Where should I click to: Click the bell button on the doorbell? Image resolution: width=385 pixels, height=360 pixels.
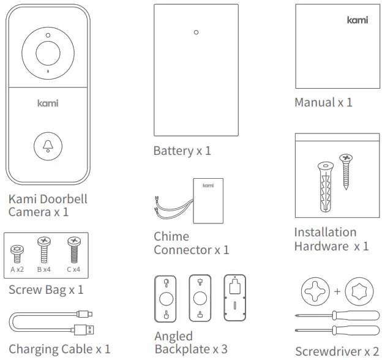pyautogui.click(x=48, y=145)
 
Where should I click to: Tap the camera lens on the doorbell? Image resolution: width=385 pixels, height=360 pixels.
pyautogui.click(x=48, y=53)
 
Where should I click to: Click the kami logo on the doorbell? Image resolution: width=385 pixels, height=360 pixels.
pyautogui.click(x=48, y=103)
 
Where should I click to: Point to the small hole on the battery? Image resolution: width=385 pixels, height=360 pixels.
pyautogui.click(x=195, y=32)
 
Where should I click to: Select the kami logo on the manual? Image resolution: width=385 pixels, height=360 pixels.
pyautogui.click(x=357, y=20)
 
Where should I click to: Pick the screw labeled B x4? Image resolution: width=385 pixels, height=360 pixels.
pyautogui.click(x=44, y=247)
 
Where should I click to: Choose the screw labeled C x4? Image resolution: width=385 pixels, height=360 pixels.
pyautogui.click(x=73, y=249)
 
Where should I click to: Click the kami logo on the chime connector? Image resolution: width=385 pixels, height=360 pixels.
pyautogui.click(x=209, y=185)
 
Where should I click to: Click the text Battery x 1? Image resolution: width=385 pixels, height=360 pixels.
pyautogui.click(x=182, y=151)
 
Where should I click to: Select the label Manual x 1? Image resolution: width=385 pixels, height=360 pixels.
pyautogui.click(x=323, y=102)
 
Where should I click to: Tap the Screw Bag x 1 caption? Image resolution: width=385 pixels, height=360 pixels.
pyautogui.click(x=46, y=290)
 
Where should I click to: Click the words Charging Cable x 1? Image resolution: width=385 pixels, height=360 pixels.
pyautogui.click(x=59, y=349)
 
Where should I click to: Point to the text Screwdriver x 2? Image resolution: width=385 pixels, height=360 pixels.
pyautogui.click(x=337, y=351)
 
